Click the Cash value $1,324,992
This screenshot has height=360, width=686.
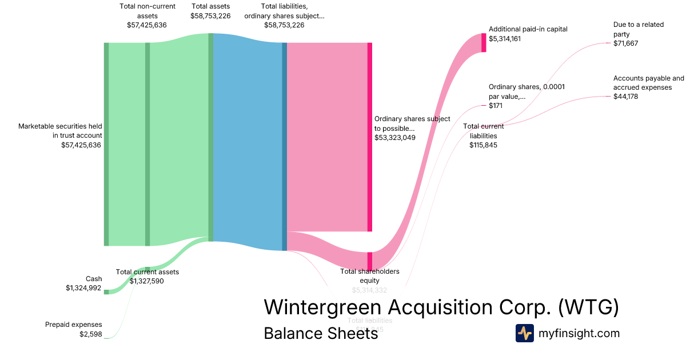84,288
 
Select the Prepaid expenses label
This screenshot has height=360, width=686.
74,325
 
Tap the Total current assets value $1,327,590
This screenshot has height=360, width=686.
146,281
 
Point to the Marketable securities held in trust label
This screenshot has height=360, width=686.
60,131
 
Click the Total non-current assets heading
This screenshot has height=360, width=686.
147,11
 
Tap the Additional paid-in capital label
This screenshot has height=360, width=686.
528,29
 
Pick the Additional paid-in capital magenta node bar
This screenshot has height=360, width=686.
484,42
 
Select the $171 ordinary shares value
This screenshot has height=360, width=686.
496,106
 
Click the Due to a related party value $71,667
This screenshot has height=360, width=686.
625,43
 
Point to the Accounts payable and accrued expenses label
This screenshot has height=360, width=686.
648,83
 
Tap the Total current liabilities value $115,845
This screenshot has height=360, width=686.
483,145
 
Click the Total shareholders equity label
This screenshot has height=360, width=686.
370,275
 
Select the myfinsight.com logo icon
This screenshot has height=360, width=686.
524,333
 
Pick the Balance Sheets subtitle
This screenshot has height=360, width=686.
321,334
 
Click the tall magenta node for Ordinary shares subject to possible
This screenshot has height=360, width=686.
370,137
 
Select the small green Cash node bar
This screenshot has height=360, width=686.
106,291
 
